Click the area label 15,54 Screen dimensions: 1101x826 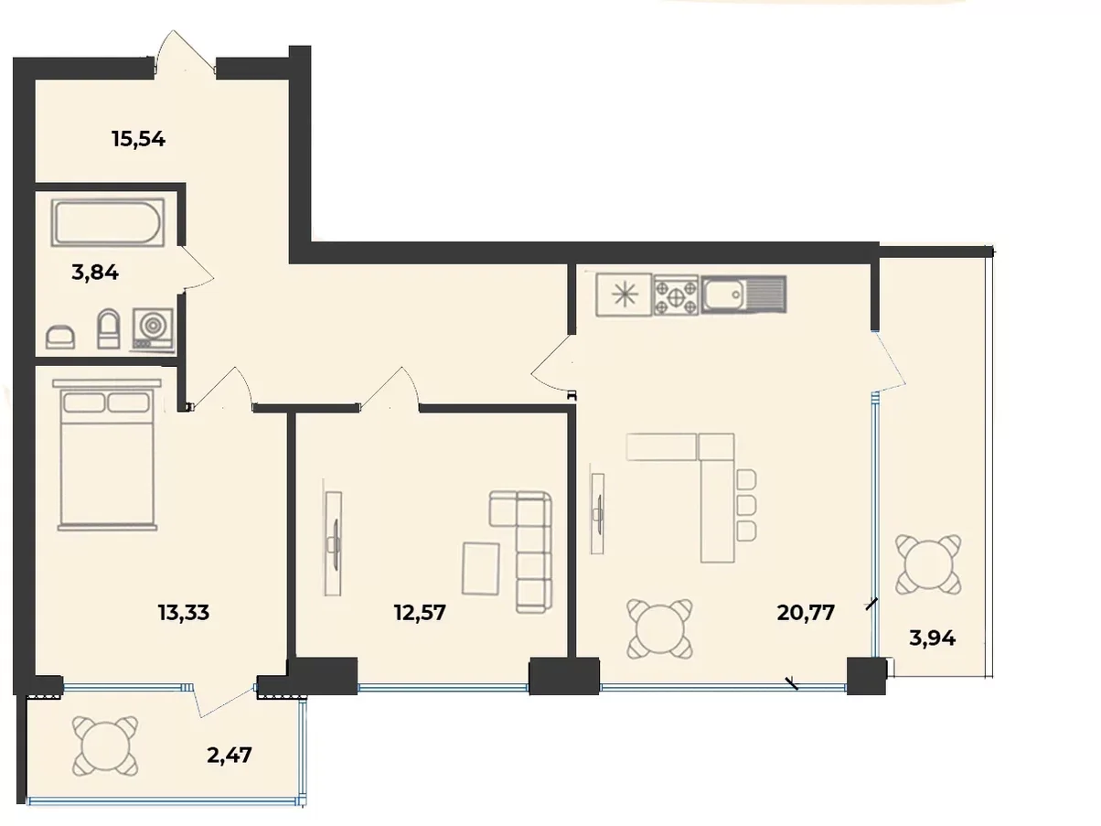point(138,139)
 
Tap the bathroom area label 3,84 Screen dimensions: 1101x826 point(95,273)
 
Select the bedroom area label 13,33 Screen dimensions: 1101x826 point(184,612)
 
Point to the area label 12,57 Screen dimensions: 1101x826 point(420,612)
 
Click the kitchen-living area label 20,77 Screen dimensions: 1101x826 point(806,612)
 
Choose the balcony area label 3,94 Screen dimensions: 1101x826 point(933,638)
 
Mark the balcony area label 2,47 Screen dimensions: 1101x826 point(230,755)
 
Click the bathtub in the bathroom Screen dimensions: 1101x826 point(108,222)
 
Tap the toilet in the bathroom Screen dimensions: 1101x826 point(109,328)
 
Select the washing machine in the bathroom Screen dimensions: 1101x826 point(153,329)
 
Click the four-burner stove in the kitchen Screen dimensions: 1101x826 point(676,295)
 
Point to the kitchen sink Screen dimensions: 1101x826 point(743,295)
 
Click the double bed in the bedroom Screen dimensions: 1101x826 point(107,455)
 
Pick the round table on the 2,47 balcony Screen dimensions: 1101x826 point(105,746)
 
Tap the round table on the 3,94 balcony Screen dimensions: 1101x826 point(928,564)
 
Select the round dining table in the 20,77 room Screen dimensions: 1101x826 point(659,629)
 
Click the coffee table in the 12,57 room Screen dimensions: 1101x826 point(480,568)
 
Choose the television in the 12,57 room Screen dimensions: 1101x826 point(333,543)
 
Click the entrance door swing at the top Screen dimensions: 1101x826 point(185,53)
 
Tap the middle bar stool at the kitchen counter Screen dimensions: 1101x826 point(747,505)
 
